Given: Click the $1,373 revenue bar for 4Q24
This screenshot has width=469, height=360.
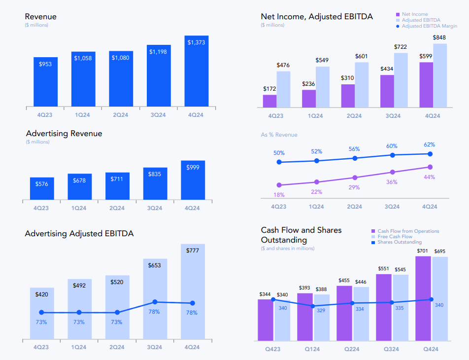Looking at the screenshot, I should pyautogui.click(x=197, y=71).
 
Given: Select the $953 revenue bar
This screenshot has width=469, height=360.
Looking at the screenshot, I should pyautogui.click(x=45, y=82).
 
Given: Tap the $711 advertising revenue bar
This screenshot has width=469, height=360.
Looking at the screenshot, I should pyautogui.click(x=117, y=186).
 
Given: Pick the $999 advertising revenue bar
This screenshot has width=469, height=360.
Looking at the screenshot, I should pyautogui.click(x=193, y=180).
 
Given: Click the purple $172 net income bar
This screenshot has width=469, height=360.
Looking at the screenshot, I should pyautogui.click(x=269, y=101).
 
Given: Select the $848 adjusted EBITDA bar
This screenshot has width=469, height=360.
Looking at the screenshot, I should pyautogui.click(x=440, y=75).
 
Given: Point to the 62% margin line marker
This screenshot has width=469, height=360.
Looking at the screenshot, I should pyautogui.click(x=430, y=154).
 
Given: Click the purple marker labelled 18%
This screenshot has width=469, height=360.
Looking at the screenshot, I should pyautogui.click(x=279, y=185).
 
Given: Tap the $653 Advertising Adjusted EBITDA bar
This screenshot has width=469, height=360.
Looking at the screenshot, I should pyautogui.click(x=155, y=299).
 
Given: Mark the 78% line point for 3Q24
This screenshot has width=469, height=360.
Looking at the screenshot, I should pyautogui.click(x=155, y=302).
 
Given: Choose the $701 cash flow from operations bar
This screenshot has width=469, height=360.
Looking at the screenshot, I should pyautogui.click(x=423, y=298).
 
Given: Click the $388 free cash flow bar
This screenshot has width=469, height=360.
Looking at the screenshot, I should pyautogui.click(x=322, y=318).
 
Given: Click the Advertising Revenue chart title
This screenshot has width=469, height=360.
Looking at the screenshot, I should pyautogui.click(x=64, y=134).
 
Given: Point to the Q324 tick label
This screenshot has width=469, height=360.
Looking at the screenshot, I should pyautogui.click(x=393, y=349).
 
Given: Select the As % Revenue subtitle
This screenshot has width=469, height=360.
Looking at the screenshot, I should pyautogui.click(x=279, y=135).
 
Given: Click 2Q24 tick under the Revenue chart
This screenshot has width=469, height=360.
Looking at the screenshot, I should pyautogui.click(x=121, y=115).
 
